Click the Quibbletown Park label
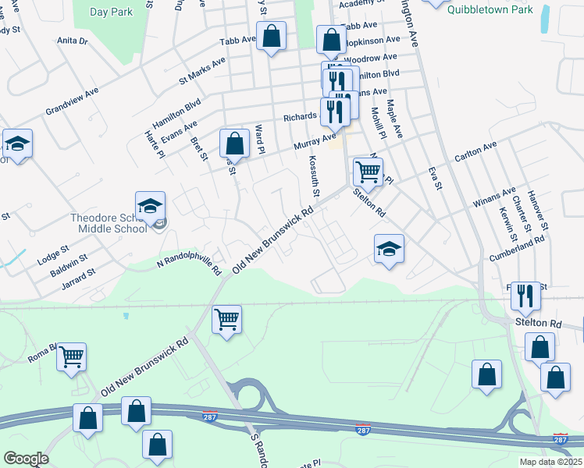coord(491,9)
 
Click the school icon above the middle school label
coord(150,207)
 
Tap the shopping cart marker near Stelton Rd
coord(368,172)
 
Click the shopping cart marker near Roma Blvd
coord(72,357)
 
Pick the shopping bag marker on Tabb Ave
coord(271,36)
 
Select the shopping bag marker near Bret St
coord(234,144)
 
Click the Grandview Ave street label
coord(72,101)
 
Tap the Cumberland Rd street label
coord(515,244)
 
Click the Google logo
coord(26,459)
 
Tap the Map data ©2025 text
coord(550,462)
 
